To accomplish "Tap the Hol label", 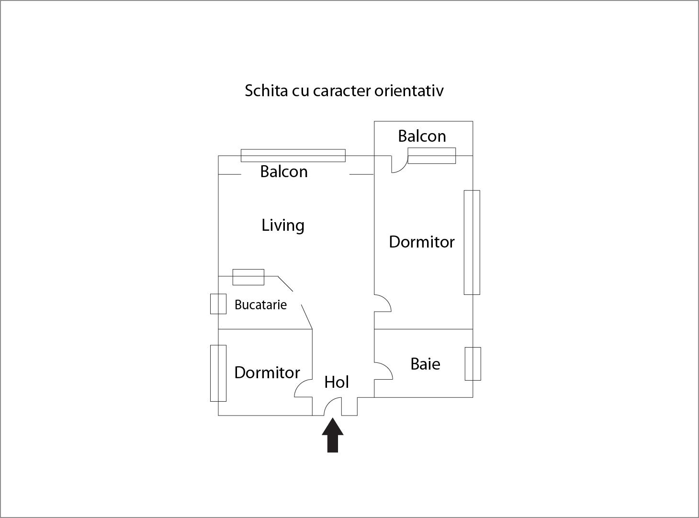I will tap(337, 382).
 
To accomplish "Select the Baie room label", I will tap(425, 364).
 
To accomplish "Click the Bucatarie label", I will tap(260, 304).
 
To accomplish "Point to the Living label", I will tap(282, 225).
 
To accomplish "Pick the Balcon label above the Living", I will tap(283, 171).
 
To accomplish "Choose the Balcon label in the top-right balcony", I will tap(422, 136).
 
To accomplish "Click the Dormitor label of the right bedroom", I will tap(421, 242).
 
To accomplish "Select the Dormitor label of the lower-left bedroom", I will tap(267, 372).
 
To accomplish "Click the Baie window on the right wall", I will tap(473, 364).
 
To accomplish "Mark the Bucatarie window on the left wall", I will tap(218, 304).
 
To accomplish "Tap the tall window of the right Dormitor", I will tap(472, 242).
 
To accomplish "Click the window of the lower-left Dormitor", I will tap(218, 373).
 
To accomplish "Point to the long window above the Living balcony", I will tap(293, 156).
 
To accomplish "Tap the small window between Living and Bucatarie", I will tap(248, 277).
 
